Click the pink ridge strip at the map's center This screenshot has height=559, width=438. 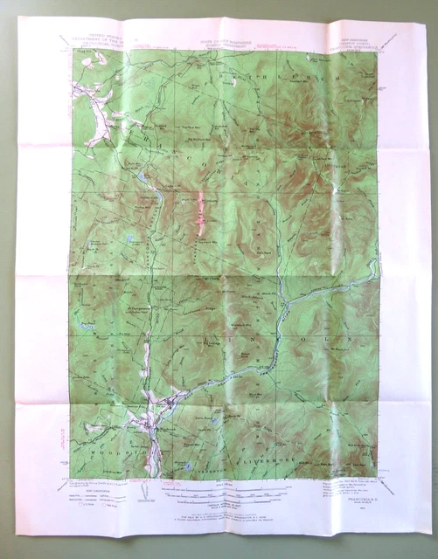(x=201, y=214)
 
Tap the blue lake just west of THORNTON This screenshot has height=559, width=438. (x=189, y=466)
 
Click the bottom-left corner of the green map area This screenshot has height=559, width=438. (x=71, y=477)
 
